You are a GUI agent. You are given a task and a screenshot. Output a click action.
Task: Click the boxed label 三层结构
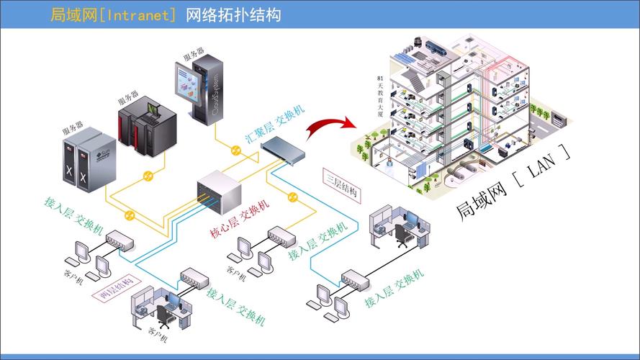point(343,184)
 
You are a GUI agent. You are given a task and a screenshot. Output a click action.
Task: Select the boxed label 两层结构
point(114,287)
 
